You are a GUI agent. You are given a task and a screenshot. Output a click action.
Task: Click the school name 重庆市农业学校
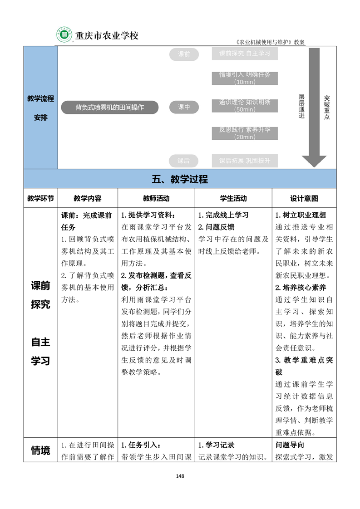pos(106,35)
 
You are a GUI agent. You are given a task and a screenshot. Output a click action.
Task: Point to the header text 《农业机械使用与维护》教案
pos(271,42)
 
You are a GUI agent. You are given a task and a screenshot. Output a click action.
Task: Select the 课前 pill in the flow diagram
pos(184,54)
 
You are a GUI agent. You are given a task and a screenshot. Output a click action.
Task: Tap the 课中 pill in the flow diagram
pos(184,107)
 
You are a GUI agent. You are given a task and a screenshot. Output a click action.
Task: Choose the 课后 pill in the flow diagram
pos(184,161)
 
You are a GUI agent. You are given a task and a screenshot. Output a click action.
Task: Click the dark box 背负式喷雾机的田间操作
pos(110,107)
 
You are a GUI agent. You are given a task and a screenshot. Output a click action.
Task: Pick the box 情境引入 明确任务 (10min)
pos(245,78)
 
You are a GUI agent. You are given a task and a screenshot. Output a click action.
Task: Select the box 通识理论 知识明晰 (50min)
pos(245,106)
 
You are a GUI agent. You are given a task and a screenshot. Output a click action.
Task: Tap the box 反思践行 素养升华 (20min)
pos(245,133)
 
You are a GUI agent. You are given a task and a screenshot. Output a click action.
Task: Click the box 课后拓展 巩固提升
pos(245,161)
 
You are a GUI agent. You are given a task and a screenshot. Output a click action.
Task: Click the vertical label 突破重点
pos(327,107)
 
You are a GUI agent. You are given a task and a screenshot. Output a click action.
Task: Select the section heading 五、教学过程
pos(180,179)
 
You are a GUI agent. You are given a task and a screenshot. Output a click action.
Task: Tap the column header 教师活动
pos(156,198)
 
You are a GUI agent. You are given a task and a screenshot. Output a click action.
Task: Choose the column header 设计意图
pos(304,198)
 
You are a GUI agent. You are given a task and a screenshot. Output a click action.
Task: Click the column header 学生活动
pos(233,198)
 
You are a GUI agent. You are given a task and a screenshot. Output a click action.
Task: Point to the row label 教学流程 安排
pos(40,108)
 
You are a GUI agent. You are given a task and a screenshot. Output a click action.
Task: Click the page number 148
pos(180,476)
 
